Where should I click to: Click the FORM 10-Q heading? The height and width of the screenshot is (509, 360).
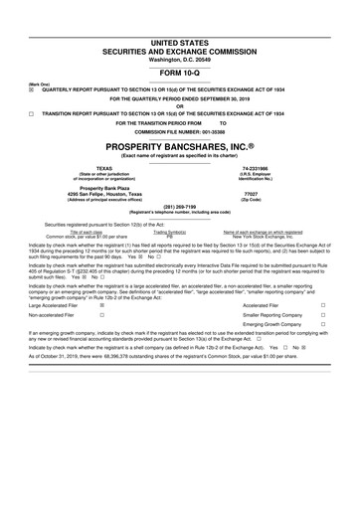(x=179, y=73)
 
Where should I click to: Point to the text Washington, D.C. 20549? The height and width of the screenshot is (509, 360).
(x=179, y=59)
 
